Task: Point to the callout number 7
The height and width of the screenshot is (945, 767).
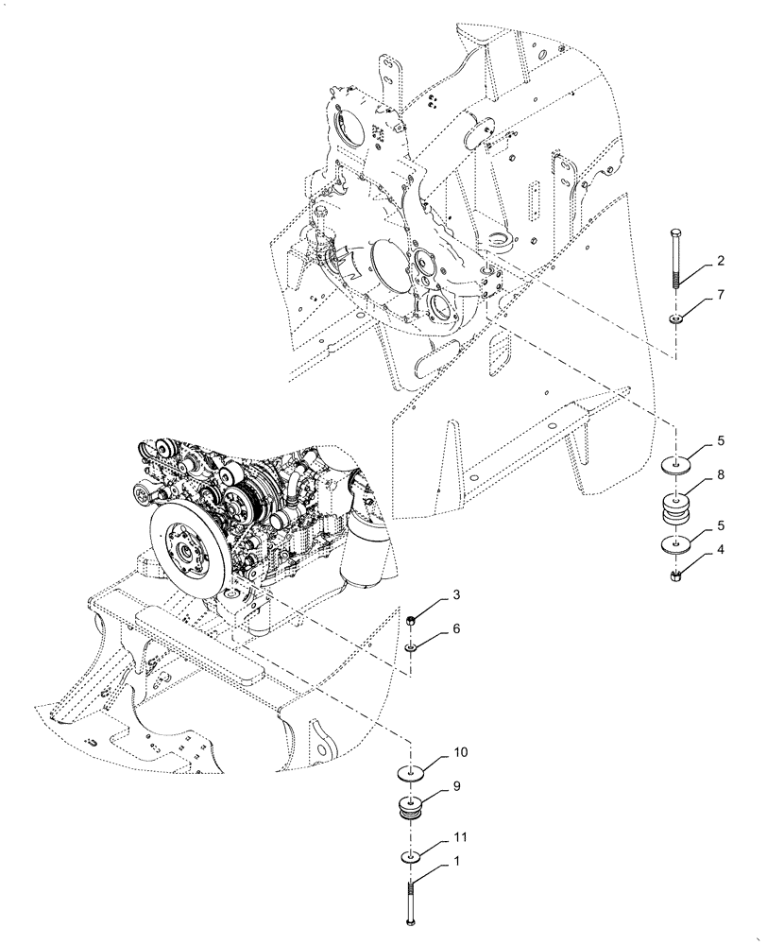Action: tap(720, 297)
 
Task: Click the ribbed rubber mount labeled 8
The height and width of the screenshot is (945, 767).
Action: tap(678, 511)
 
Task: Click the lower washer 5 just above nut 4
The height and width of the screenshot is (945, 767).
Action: tap(678, 545)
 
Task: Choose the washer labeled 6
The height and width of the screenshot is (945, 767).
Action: tap(412, 648)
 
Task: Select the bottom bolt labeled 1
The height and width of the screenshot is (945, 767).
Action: tap(412, 903)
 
